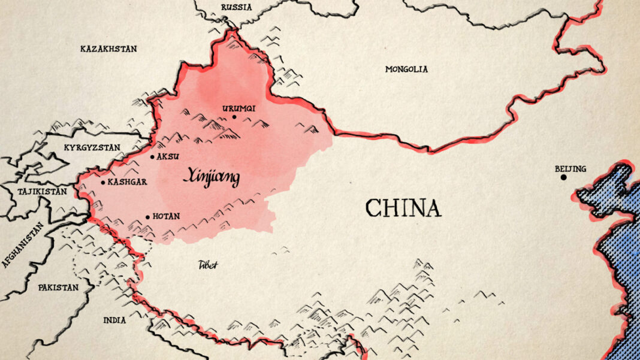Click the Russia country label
click(236, 7)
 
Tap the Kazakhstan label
click(108, 49)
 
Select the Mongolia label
click(406, 69)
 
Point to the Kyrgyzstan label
click(92, 147)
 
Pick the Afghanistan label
click(22, 244)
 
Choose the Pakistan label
click(58, 288)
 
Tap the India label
click(114, 320)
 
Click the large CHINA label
click(403, 208)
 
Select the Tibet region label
click(208, 265)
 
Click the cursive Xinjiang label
click(211, 177)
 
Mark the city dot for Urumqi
click(234, 117)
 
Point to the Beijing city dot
click(563, 177)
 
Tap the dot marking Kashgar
click(103, 182)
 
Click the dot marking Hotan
click(148, 217)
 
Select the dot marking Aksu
click(152, 156)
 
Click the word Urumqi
click(239, 108)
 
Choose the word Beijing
click(570, 168)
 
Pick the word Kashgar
click(128, 182)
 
